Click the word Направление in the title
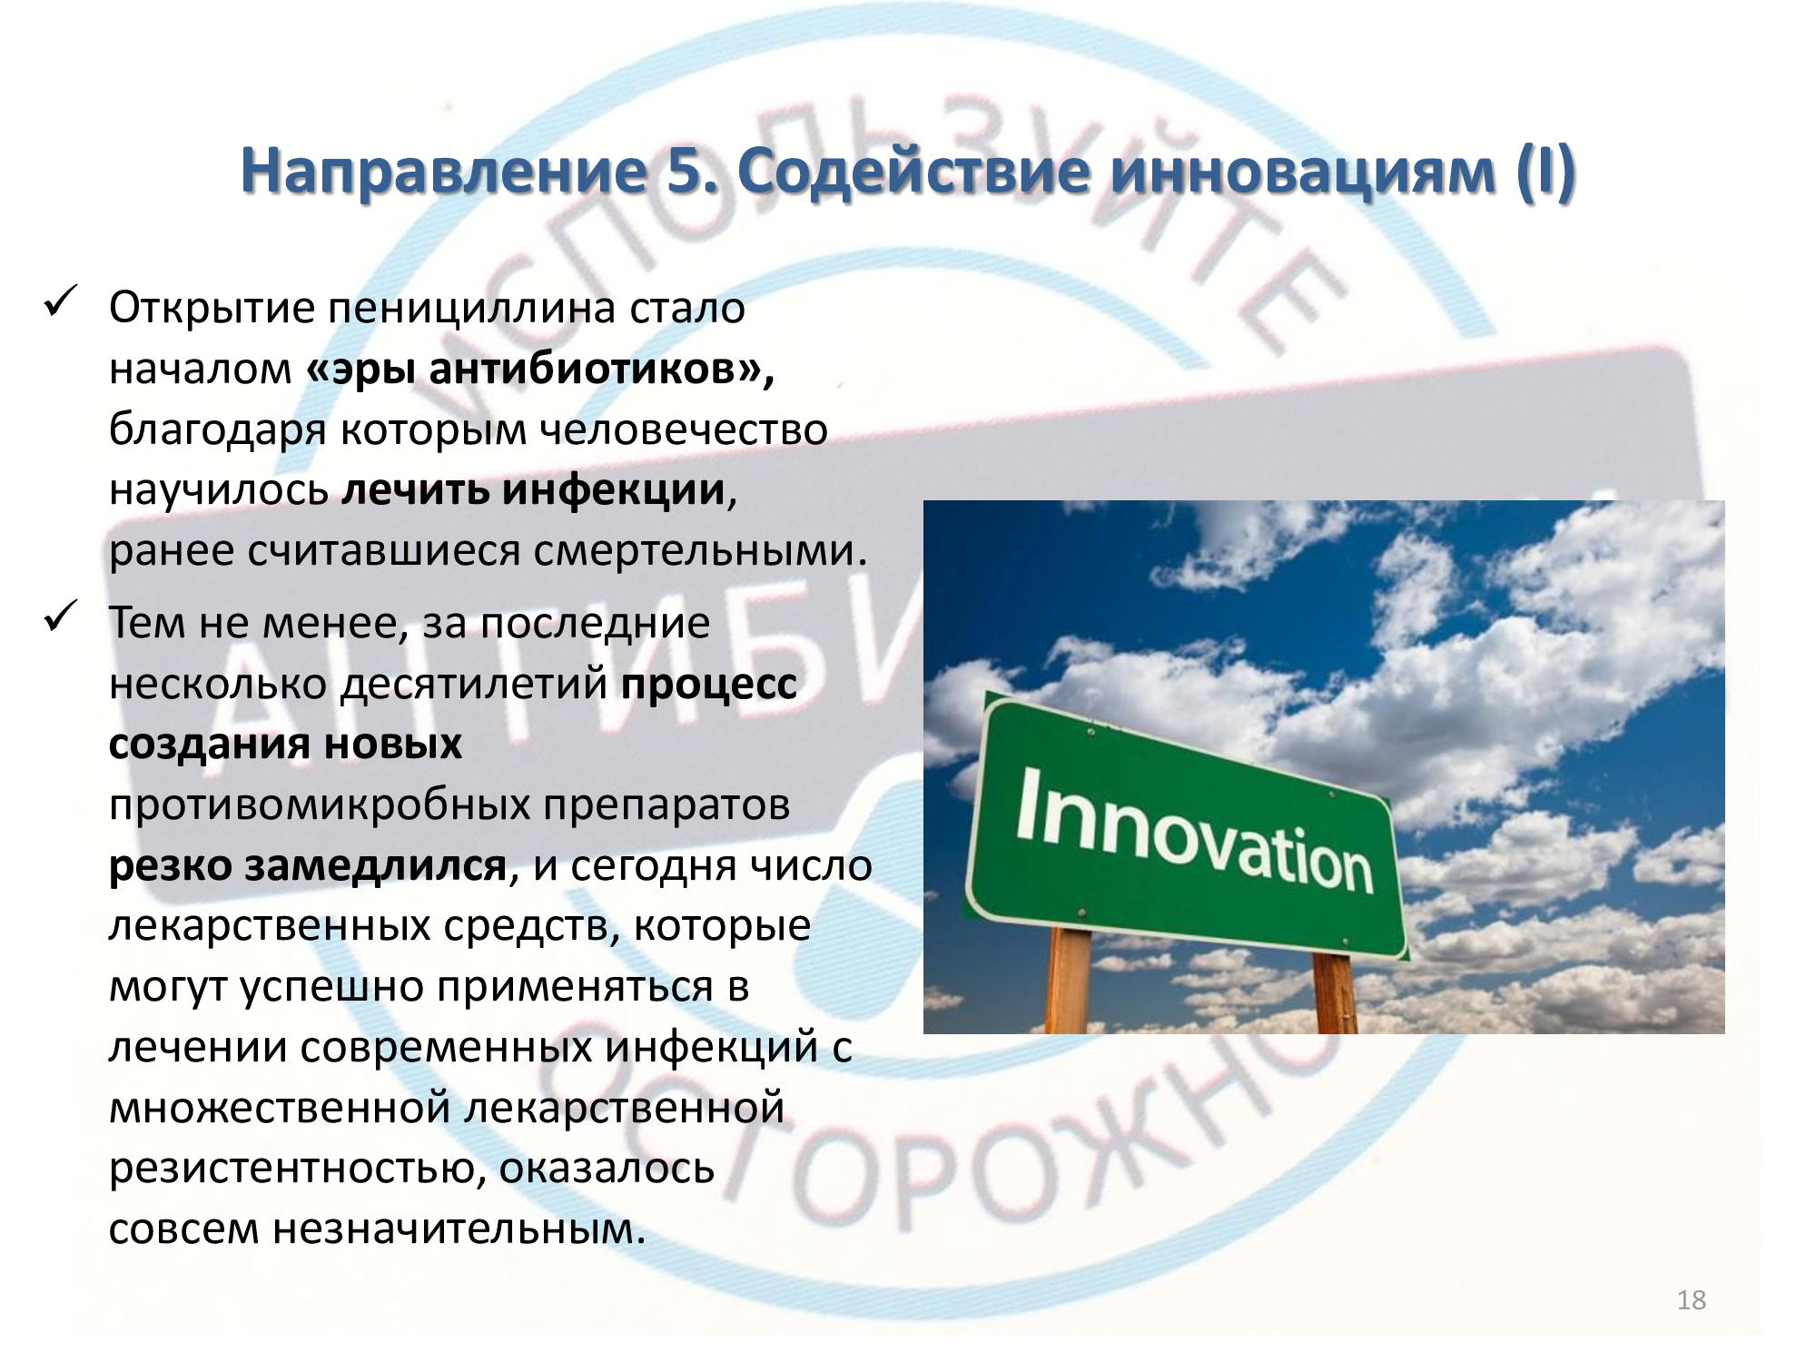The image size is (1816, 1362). click(443, 173)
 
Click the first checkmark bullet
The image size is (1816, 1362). click(62, 301)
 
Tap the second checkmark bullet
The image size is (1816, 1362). click(62, 617)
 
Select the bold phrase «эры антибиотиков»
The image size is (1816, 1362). click(540, 370)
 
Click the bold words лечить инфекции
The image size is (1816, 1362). click(534, 490)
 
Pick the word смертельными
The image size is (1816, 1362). click(699, 551)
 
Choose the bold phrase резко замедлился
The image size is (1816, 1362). click(307, 865)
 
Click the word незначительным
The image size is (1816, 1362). click(459, 1229)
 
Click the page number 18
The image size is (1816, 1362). click(1691, 1300)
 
